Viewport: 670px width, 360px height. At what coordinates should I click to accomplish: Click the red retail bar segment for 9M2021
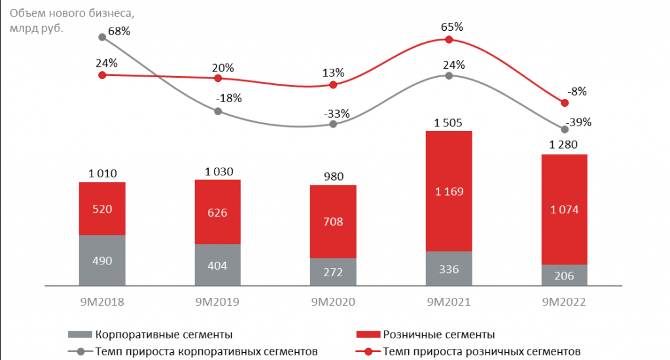pyautogui.click(x=449, y=191)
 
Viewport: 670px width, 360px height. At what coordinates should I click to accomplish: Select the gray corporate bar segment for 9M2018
pyautogui.click(x=102, y=260)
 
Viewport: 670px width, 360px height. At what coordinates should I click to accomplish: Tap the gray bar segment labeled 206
pyautogui.click(x=564, y=275)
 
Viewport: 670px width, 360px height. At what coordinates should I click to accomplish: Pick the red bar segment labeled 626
pyautogui.click(x=218, y=211)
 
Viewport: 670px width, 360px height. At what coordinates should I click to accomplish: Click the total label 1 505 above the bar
pyautogui.click(x=448, y=122)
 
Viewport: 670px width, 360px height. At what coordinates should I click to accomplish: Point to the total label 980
pyautogui.click(x=333, y=175)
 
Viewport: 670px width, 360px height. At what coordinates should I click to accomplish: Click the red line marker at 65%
pyautogui.click(x=449, y=40)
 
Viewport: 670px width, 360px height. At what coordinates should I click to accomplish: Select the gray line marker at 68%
pyautogui.click(x=102, y=37)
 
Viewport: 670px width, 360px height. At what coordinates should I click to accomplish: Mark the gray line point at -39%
pyautogui.click(x=564, y=130)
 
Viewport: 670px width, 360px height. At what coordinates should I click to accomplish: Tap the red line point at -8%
pyautogui.click(x=564, y=103)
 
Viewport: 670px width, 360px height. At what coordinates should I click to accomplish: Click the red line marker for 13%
pyautogui.click(x=333, y=85)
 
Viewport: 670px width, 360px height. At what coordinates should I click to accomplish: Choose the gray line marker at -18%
pyautogui.click(x=218, y=111)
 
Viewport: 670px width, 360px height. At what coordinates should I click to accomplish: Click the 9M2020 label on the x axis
pyautogui.click(x=333, y=302)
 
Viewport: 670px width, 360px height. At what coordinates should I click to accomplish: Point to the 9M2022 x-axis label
pyautogui.click(x=564, y=302)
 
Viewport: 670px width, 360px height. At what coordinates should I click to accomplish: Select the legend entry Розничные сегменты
pyautogui.click(x=434, y=334)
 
